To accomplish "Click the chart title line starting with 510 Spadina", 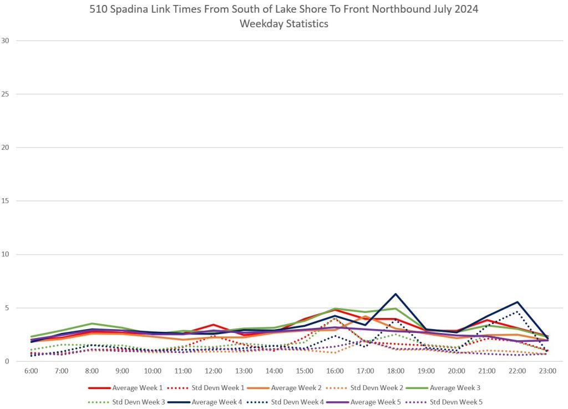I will pos(283,10).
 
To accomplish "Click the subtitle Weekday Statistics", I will pos(283,24).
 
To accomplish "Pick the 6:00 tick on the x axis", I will pos(31,371).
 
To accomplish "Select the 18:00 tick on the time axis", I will pos(395,371).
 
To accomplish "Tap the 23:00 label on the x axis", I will pos(547,371).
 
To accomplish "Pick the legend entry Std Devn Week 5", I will pos(446,401).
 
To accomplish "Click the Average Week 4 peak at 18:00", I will pos(395,294).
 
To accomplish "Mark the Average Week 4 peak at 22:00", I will pos(517,302).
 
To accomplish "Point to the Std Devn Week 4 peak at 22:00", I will pos(517,312).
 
